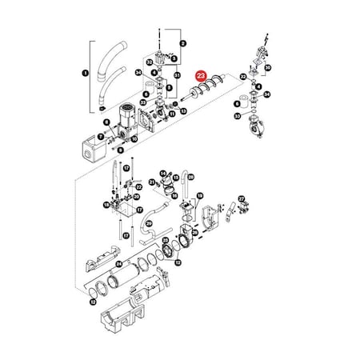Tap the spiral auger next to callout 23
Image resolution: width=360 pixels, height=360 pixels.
211,88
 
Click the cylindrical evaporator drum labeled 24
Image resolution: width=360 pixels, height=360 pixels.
128,282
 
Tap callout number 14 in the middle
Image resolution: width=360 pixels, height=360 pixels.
162,173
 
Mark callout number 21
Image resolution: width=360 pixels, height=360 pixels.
151,182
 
